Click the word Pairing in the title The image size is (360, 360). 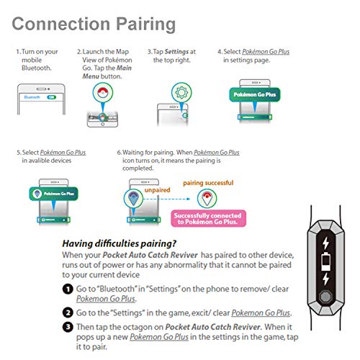click(146, 24)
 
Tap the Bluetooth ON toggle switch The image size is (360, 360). click(52, 97)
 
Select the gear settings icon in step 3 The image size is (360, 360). click(181, 92)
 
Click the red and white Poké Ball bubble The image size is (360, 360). click(103, 92)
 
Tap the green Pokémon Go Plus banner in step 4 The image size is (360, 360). click(255, 94)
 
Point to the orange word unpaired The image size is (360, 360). click(157, 190)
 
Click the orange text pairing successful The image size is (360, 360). click(208, 183)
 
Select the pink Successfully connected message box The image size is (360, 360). click(208, 218)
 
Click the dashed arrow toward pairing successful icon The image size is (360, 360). click(166, 199)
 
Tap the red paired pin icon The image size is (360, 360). click(207, 199)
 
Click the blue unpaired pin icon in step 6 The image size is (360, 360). click(133, 199)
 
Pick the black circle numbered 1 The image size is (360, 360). click(68, 289)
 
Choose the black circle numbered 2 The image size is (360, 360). click(68, 312)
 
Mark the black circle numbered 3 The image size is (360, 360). click(68, 327)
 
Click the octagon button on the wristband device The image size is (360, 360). click(325, 297)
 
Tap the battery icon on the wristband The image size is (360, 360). click(325, 261)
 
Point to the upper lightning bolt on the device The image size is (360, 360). click(325, 243)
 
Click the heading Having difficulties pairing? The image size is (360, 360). click(120, 243)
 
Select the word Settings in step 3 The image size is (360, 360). click(176, 52)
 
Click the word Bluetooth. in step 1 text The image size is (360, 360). click(37, 68)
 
